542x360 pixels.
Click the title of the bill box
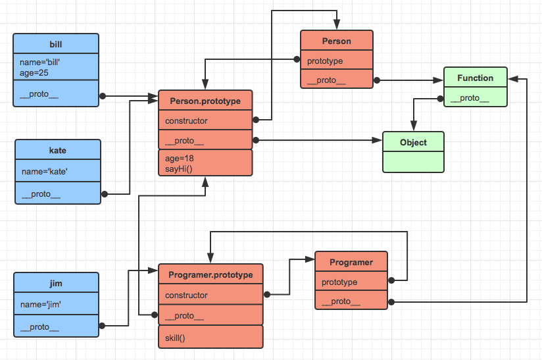coord(56,44)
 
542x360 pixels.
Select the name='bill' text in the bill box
coord(40,63)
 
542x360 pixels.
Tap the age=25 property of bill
coord(34,73)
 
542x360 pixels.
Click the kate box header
coord(58,150)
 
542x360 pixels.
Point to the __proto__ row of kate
coord(41,194)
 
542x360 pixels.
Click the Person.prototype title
coord(205,101)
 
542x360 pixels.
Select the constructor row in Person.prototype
coord(186,121)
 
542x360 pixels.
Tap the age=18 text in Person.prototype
coord(180,158)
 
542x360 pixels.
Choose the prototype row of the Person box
coord(325,61)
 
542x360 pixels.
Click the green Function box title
coord(475,78)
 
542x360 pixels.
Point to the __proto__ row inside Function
coord(470,98)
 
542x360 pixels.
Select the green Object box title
coord(413,142)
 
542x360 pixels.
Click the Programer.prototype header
coord(210,275)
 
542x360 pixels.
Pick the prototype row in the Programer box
coord(339,282)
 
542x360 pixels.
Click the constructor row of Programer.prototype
coord(186,296)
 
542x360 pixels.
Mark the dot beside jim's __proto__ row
coord(102,326)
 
